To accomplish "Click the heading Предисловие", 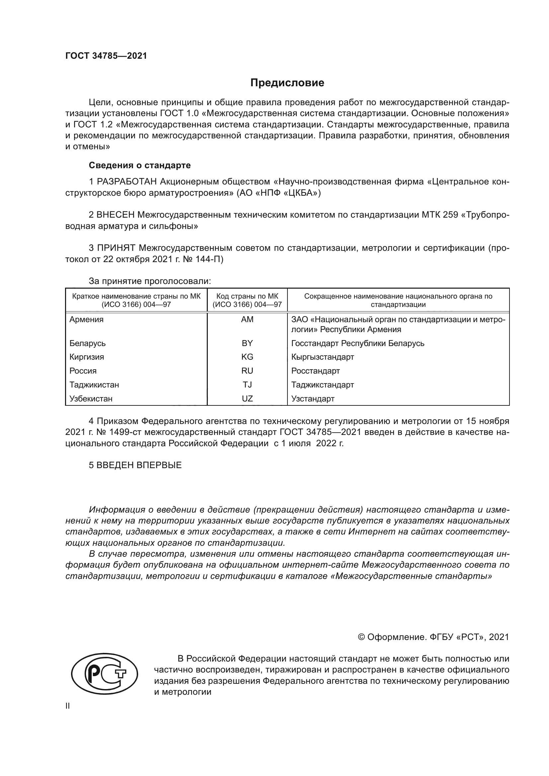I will point(287,83).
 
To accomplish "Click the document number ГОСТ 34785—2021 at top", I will point(106,56).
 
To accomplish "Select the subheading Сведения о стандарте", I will point(140,165).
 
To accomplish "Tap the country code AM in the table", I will point(247,319).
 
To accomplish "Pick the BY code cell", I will point(247,343).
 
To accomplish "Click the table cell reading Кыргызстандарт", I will point(323,357).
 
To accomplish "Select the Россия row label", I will point(83,371).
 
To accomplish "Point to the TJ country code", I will point(247,385).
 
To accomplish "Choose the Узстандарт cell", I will point(313,399).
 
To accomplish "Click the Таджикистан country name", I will point(94,385).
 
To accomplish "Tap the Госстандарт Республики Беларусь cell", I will point(358,343).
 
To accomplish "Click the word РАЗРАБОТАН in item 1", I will point(127,182).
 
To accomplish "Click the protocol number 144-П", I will point(209,259).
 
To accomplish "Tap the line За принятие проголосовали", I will point(150,281).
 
